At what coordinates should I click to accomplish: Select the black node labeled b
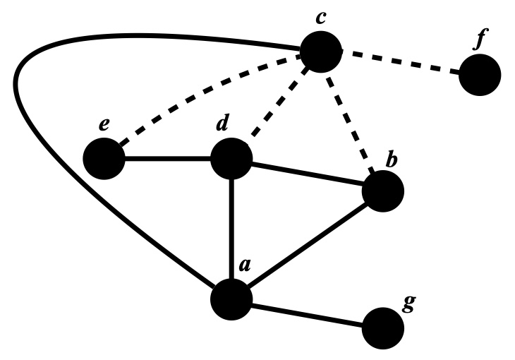point(382,191)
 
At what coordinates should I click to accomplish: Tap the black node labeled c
point(321,52)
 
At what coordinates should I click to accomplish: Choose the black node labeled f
point(480,75)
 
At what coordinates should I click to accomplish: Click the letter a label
point(244,266)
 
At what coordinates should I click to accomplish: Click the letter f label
point(480,41)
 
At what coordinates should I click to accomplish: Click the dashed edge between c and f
point(400,63)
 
